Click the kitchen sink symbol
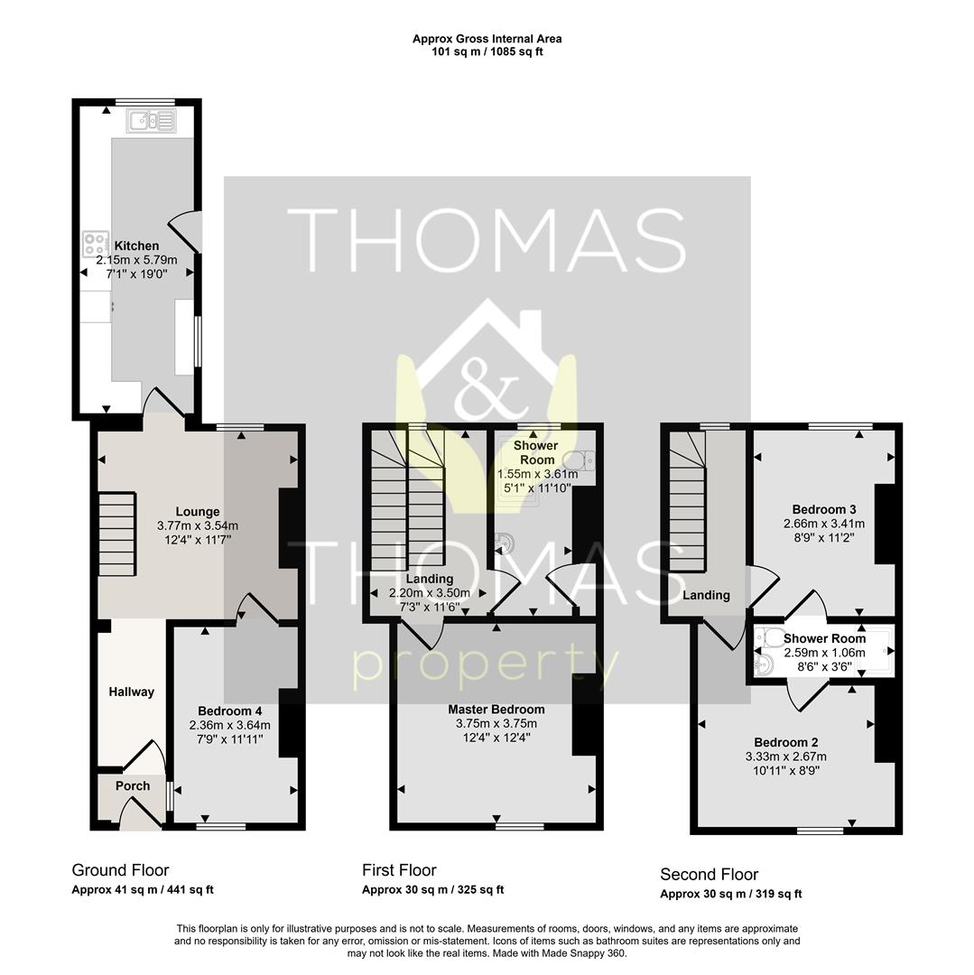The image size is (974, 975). tap(151, 121)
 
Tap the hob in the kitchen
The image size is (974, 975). tap(96, 244)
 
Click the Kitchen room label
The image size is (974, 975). tap(136, 246)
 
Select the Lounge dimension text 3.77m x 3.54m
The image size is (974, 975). tap(198, 526)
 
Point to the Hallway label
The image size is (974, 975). tap(131, 692)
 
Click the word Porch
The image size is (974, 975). tap(133, 786)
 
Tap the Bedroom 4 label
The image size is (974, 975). tap(230, 711)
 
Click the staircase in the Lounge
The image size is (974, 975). tap(116, 534)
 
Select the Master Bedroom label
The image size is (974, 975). tap(496, 710)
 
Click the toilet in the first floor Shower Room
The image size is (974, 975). tap(582, 460)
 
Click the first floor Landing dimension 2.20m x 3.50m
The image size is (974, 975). tap(430, 593)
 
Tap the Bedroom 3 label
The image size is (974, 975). tap(824, 510)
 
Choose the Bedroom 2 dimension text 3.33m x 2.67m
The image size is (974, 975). tap(786, 757)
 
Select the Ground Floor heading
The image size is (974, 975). tap(121, 870)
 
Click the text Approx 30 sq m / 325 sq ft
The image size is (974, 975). tap(433, 890)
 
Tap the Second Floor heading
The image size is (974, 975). tap(710, 875)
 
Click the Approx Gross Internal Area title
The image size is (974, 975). tap(487, 39)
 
